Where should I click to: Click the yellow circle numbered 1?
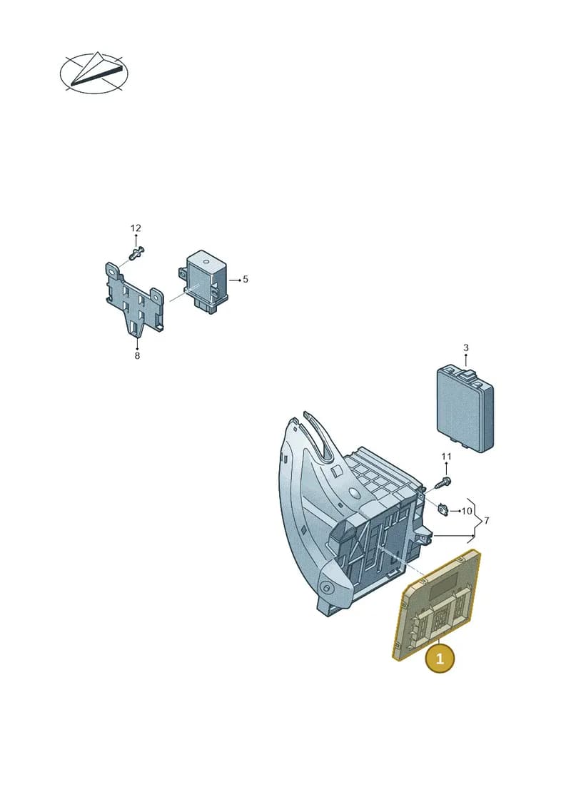pos(440,659)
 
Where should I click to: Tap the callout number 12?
pos(136,228)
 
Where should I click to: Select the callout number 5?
pos(246,280)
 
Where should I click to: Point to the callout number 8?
pos(137,355)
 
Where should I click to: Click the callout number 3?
pos(466,348)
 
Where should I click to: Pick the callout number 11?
pos(446,457)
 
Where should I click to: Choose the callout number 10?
pos(467,511)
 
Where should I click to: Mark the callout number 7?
pos(487,521)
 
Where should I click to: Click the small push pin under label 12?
pos(136,253)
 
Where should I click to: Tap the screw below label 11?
pos(443,483)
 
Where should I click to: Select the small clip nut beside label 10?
pos(442,509)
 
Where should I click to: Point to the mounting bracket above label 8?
pos(134,298)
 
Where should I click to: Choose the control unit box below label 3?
pos(465,409)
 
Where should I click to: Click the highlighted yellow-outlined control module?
pos(437,605)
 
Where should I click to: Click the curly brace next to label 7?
pos(477,521)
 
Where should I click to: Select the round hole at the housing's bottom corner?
pos(326,587)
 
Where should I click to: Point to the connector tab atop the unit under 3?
pos(468,375)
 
